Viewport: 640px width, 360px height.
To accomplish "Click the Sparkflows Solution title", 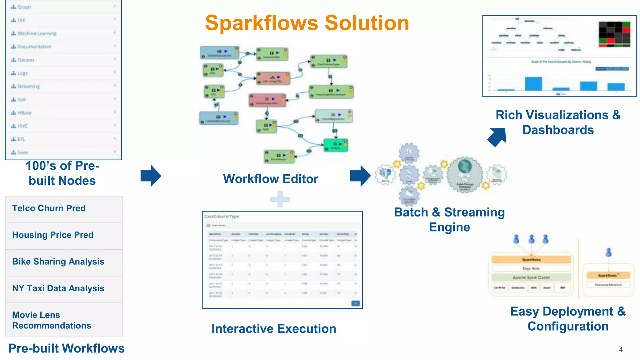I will click(x=307, y=23).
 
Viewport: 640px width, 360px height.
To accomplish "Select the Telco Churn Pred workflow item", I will click(x=49, y=208).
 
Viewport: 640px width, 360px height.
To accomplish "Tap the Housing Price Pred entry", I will click(x=53, y=235).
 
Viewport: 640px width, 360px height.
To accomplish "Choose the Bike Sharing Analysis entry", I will click(x=58, y=262).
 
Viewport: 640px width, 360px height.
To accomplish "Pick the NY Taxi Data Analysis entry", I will click(x=58, y=288).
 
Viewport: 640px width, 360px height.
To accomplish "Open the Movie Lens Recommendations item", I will click(x=52, y=320).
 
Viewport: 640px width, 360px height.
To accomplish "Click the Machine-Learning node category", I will click(x=37, y=33).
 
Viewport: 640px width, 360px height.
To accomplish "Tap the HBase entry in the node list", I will click(x=24, y=113).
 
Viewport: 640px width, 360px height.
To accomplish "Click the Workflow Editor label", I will click(x=271, y=179).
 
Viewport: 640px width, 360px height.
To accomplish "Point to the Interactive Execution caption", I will click(x=273, y=329).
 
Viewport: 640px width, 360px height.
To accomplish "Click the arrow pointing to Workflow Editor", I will click(x=151, y=176).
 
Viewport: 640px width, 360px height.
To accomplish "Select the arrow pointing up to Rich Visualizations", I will click(x=497, y=137).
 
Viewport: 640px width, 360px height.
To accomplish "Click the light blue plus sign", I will click(x=280, y=199).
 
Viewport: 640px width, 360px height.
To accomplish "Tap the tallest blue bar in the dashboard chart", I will click(x=533, y=83).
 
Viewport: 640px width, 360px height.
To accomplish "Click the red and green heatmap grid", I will click(x=614, y=34).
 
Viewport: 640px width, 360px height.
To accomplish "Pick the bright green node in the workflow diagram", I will click(x=336, y=145).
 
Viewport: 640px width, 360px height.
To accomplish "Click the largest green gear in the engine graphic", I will click(x=465, y=174).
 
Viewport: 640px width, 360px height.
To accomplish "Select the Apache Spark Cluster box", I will click(x=531, y=277).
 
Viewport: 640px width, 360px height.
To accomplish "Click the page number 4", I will click(x=621, y=350).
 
